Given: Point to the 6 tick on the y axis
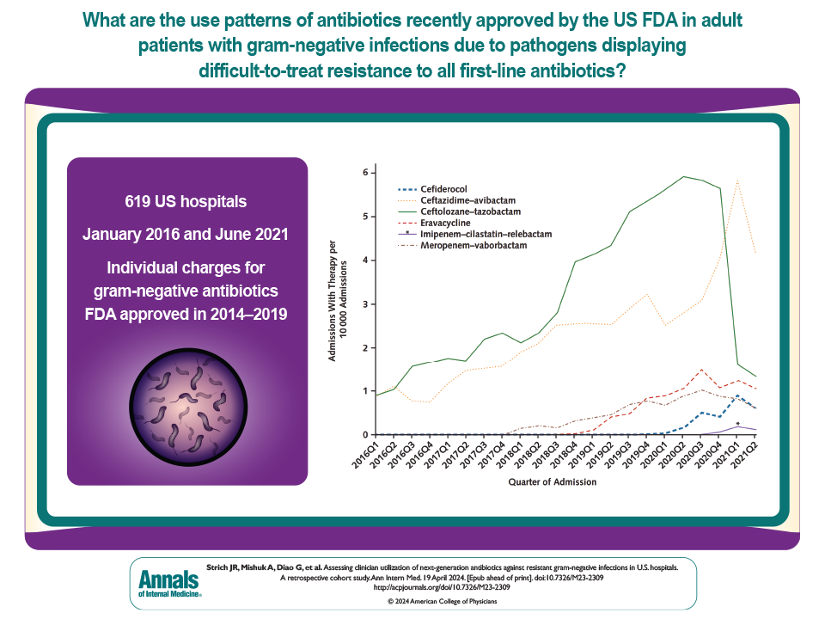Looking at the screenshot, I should pyautogui.click(x=364, y=173).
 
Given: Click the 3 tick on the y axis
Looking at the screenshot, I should pyautogui.click(x=364, y=303).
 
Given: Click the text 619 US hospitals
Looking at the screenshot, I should pyautogui.click(x=186, y=202).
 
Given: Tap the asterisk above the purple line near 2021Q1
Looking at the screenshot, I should pyautogui.click(x=738, y=424).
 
